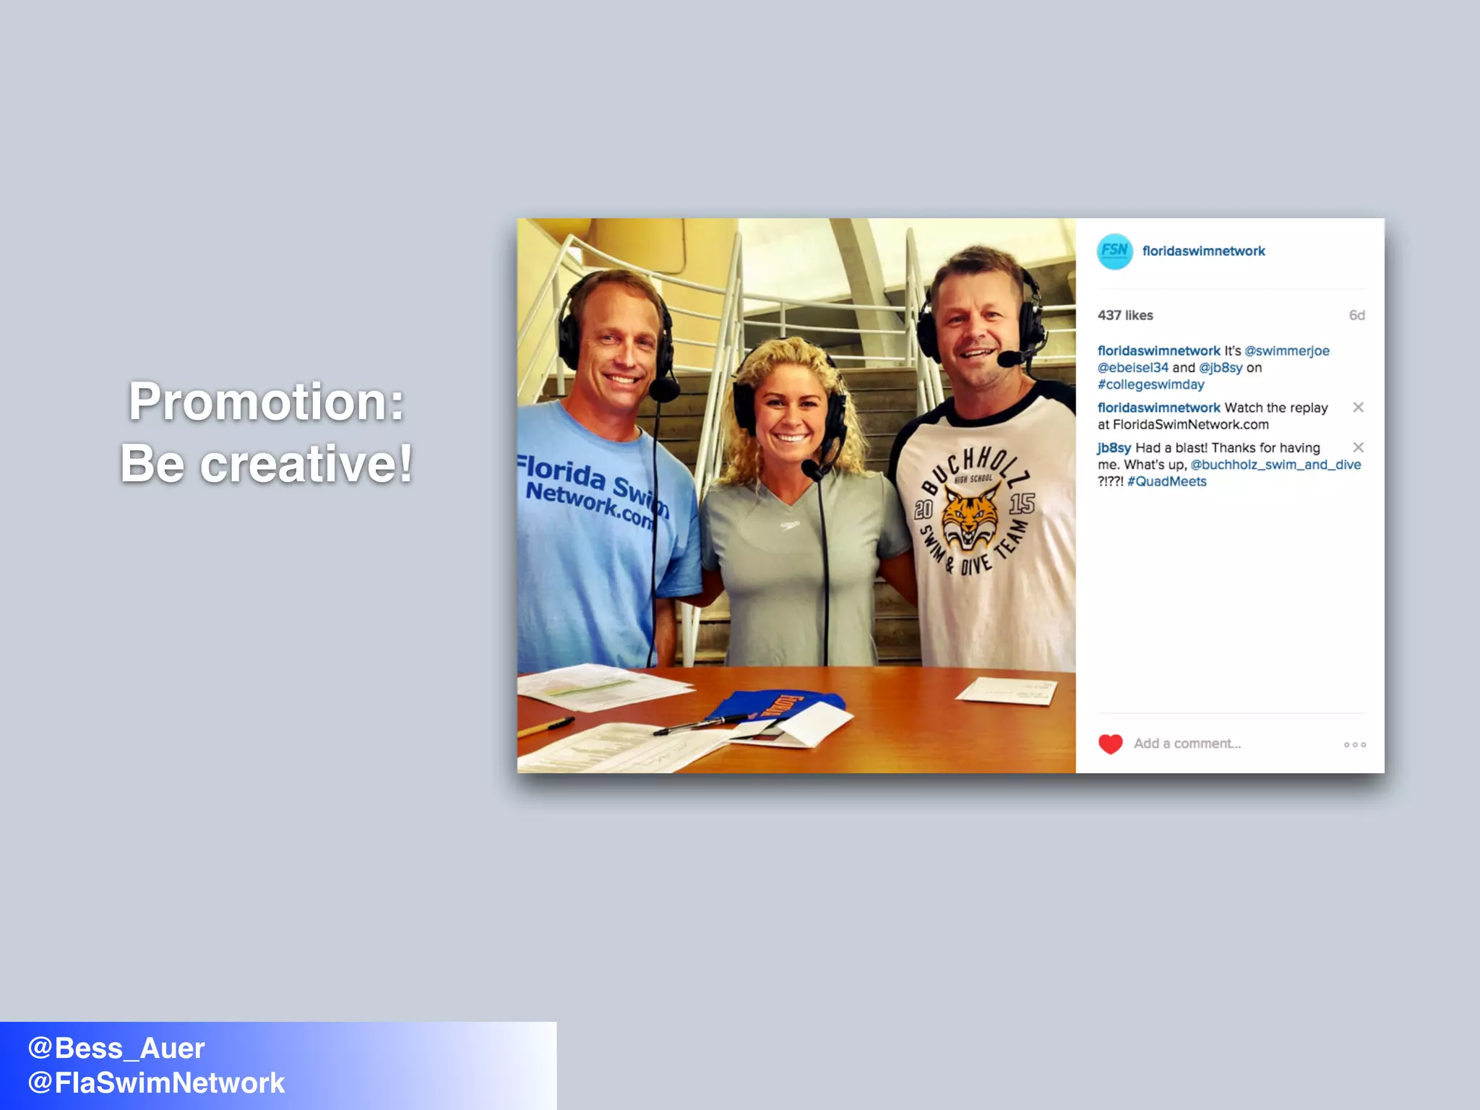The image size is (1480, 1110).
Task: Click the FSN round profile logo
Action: pyautogui.click(x=1114, y=251)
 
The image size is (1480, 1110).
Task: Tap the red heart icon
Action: pyautogui.click(x=1110, y=744)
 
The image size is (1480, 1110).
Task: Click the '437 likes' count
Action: pyautogui.click(x=1125, y=315)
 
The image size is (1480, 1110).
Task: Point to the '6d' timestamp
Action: pyautogui.click(x=1356, y=315)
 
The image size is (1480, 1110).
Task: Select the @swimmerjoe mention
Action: pyautogui.click(x=1286, y=350)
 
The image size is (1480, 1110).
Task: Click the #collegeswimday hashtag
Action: pyautogui.click(x=1150, y=384)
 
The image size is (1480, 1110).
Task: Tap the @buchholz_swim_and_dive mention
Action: pyautogui.click(x=1275, y=465)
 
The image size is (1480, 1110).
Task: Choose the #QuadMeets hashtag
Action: pyautogui.click(x=1166, y=481)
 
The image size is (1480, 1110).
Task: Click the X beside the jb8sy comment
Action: pyautogui.click(x=1358, y=447)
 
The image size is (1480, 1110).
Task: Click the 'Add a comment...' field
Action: pyautogui.click(x=1187, y=744)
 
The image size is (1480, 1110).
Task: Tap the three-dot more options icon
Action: pyautogui.click(x=1354, y=744)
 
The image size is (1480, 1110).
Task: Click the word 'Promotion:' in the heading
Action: pyautogui.click(x=266, y=402)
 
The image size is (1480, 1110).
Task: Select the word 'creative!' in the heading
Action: pyautogui.click(x=306, y=464)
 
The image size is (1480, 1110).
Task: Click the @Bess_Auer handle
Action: pyautogui.click(x=116, y=1048)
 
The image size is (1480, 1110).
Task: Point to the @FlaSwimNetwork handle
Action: pyautogui.click(x=156, y=1083)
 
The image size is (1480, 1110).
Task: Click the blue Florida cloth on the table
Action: pyautogui.click(x=773, y=705)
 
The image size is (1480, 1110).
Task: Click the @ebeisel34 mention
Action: pyautogui.click(x=1132, y=368)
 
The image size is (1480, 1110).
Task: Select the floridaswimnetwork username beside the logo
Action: pyautogui.click(x=1203, y=251)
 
